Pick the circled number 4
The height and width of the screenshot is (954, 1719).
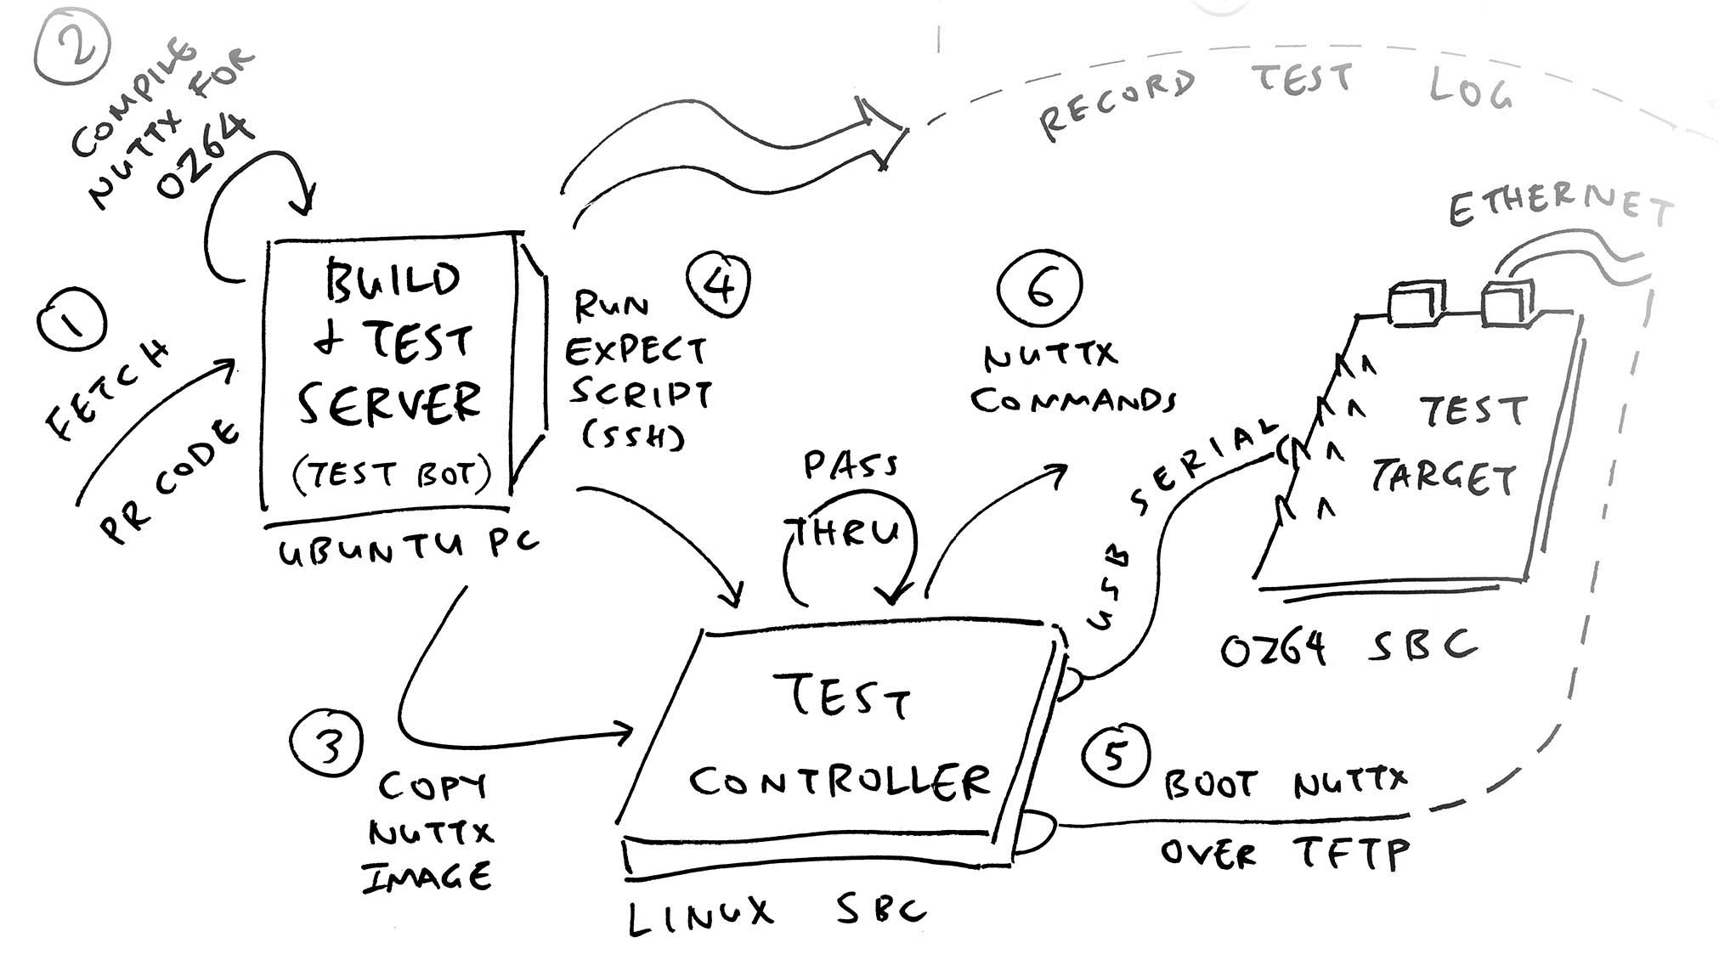(x=720, y=285)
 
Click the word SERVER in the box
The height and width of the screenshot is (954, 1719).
(x=388, y=404)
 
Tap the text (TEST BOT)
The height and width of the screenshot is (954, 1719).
(x=392, y=473)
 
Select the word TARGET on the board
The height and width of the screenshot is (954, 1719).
(x=1444, y=478)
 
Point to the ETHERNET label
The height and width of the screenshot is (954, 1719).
(x=1559, y=204)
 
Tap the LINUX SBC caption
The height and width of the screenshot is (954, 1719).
(x=775, y=913)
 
